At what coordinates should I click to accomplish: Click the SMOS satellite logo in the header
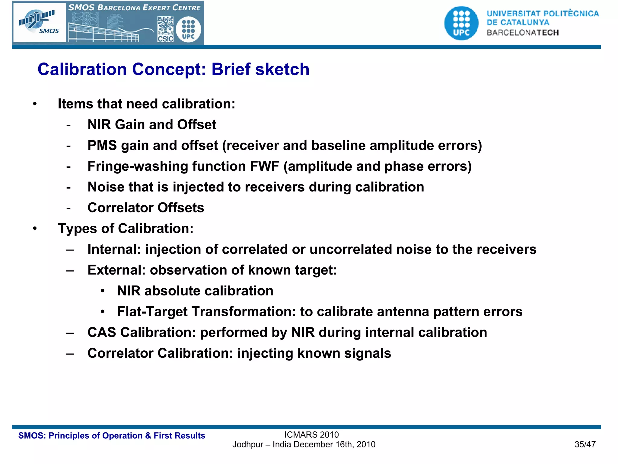click(x=39, y=22)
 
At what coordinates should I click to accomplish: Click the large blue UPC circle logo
click(x=461, y=23)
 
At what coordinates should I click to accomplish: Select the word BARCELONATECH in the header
click(x=523, y=33)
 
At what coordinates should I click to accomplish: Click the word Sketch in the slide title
click(x=282, y=69)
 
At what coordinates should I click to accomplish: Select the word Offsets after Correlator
click(x=181, y=208)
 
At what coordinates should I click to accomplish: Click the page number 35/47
click(x=585, y=444)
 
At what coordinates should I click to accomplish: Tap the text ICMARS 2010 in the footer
click(x=311, y=435)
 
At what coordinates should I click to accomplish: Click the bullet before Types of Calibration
click(x=35, y=229)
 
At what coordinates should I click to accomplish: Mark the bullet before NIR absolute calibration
click(x=103, y=291)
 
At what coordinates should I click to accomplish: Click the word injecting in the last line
click(x=265, y=353)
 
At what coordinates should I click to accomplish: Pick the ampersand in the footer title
click(x=148, y=436)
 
